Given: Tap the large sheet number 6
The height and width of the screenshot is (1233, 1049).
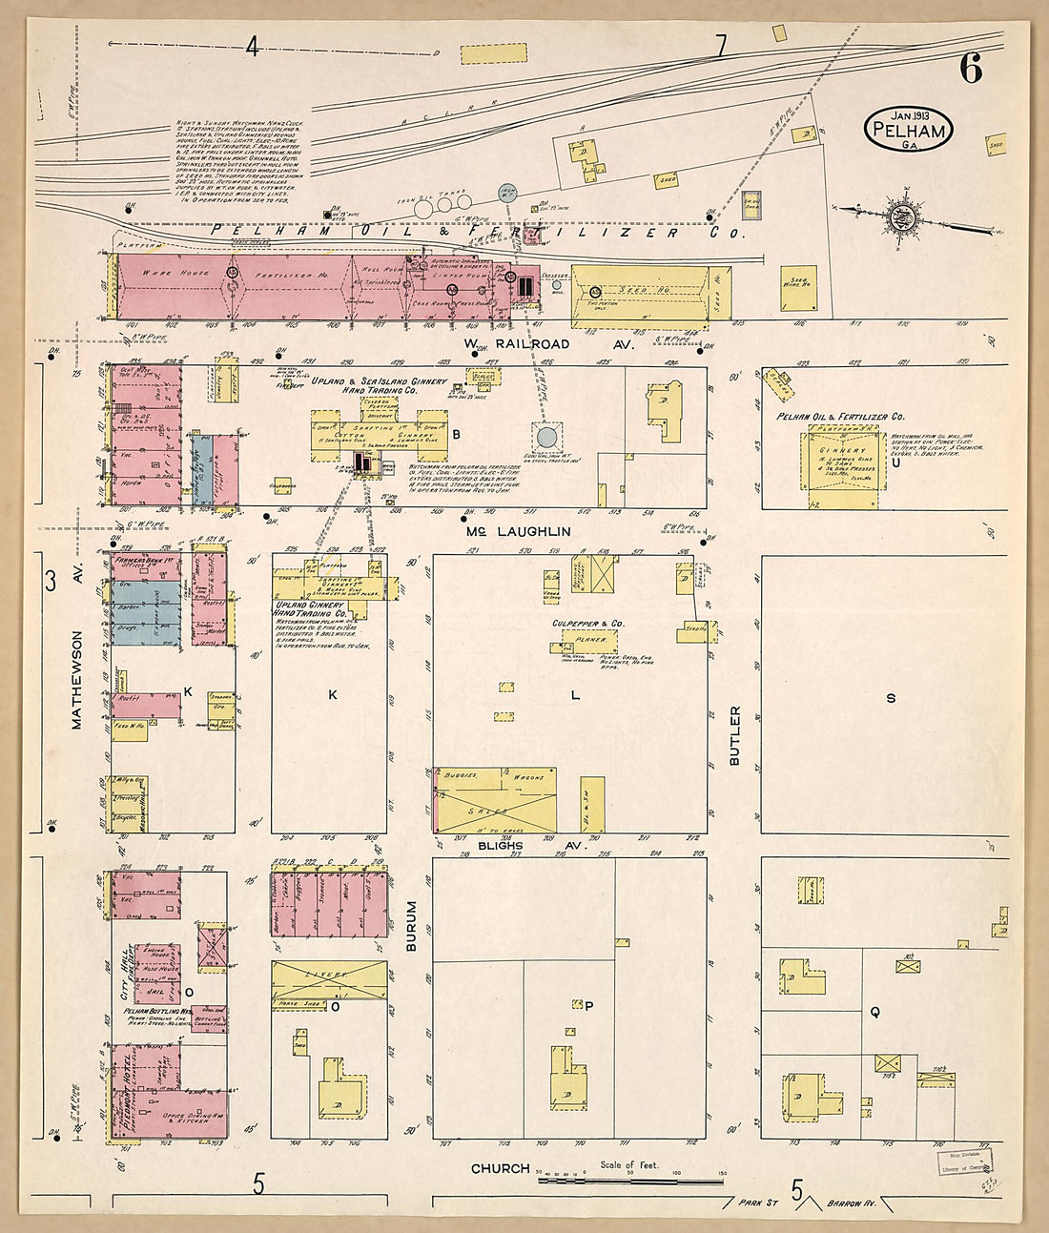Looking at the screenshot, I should (971, 69).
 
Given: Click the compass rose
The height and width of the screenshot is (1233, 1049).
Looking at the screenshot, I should (901, 216).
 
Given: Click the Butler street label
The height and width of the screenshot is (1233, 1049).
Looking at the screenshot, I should (734, 735).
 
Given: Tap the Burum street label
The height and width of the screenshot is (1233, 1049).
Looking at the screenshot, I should (412, 926).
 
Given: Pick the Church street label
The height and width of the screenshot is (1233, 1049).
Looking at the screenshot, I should (500, 1168).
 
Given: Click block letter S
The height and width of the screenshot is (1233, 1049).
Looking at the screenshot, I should (891, 698).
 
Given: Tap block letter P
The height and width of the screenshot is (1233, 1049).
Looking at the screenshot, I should (588, 1006).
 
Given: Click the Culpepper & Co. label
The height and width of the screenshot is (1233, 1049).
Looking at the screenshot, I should (587, 623).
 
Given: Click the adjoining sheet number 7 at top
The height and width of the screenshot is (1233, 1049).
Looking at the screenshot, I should (721, 45).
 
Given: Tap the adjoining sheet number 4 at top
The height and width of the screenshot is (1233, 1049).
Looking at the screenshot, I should (253, 46).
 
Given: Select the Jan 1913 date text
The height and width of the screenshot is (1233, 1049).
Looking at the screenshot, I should (910, 115).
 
